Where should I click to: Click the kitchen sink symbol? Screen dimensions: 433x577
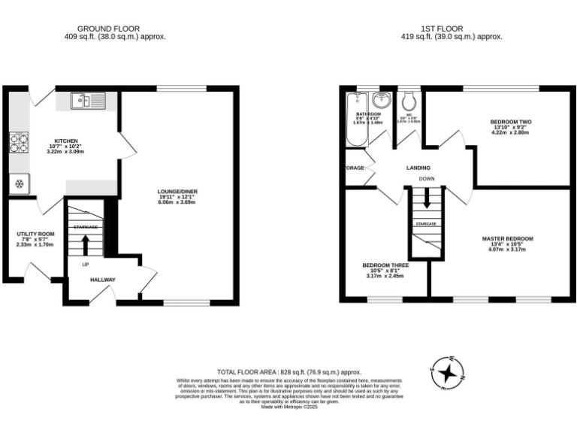pyautogui.click(x=89, y=99)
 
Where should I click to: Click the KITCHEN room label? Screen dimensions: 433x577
pyautogui.click(x=65, y=140)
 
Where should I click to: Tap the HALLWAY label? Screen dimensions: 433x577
pyautogui.click(x=103, y=280)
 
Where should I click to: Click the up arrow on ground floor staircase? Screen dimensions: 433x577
pyautogui.click(x=85, y=244)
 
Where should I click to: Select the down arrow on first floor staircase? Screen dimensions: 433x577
pyautogui.click(x=427, y=199)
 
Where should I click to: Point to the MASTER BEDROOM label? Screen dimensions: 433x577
pyautogui.click(x=507, y=239)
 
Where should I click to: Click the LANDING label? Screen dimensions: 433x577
pyautogui.click(x=418, y=168)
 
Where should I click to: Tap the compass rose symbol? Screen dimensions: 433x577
pyautogui.click(x=448, y=372)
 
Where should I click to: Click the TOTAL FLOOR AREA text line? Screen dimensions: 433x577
pyautogui.click(x=288, y=372)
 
